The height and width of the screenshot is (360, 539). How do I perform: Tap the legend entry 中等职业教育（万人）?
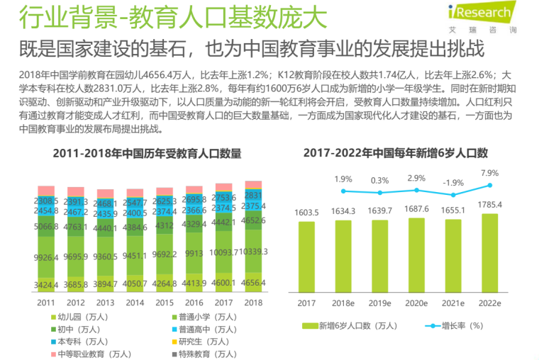point(85,354)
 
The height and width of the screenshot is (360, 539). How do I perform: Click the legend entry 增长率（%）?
point(454,326)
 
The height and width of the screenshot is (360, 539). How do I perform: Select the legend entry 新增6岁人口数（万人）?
point(344,326)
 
